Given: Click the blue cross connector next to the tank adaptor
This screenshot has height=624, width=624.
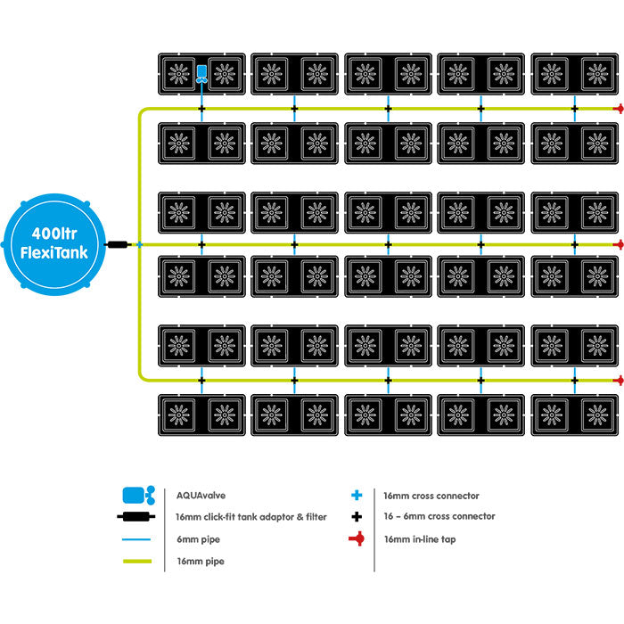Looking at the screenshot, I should click(x=139, y=243).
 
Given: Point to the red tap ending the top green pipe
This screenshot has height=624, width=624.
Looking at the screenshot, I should click(x=617, y=109).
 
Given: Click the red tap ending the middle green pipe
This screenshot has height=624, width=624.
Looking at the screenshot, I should click(x=617, y=243).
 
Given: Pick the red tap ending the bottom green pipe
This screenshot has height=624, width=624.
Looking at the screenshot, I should click(x=617, y=380).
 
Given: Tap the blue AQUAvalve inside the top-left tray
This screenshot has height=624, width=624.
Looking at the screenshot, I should click(x=201, y=73).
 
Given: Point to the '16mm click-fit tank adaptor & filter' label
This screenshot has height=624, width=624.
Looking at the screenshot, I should click(x=251, y=517).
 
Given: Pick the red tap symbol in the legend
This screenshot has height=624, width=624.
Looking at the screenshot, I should click(x=357, y=538).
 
